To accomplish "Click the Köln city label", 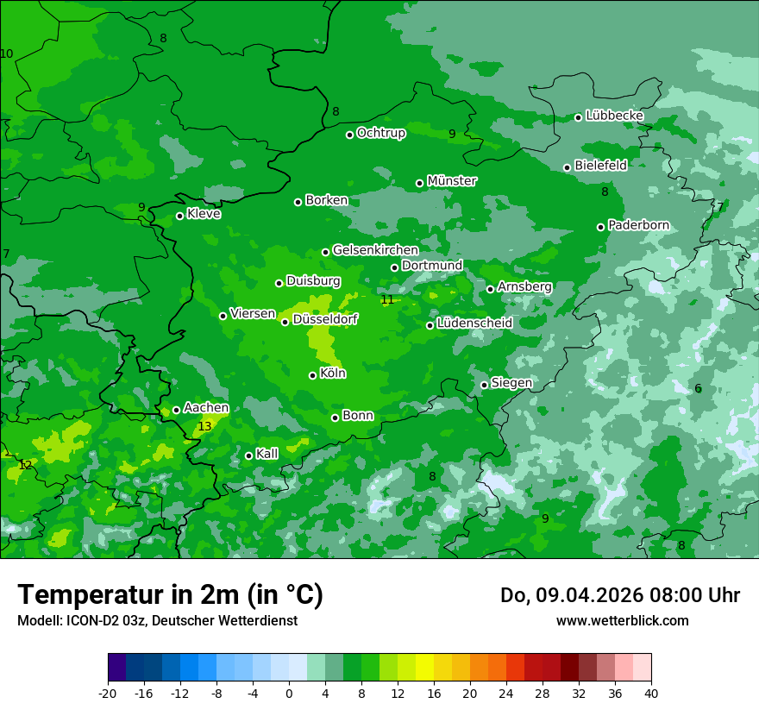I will click(x=333, y=374).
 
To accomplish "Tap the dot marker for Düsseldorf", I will click(x=285, y=322).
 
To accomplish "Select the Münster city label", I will click(x=451, y=181).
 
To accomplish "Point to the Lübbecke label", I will click(x=614, y=116).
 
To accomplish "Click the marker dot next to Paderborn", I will click(x=600, y=227).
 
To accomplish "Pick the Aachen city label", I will click(x=206, y=408).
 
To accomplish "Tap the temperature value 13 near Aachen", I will click(x=204, y=426).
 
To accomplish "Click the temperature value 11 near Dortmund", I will click(x=387, y=299).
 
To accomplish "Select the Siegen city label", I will click(x=511, y=383).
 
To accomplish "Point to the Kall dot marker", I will click(x=248, y=455).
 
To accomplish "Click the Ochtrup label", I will click(x=381, y=133).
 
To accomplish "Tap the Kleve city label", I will click(x=204, y=214).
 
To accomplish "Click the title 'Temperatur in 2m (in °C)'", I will click(x=170, y=595).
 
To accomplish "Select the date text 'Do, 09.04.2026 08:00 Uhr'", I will click(x=619, y=595).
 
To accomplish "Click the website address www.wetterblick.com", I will click(x=622, y=620).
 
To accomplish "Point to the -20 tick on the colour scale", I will click(x=108, y=693).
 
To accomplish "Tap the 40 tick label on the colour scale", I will click(x=651, y=693).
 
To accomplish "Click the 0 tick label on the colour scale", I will click(x=289, y=693).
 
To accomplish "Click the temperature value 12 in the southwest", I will click(x=25, y=465).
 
